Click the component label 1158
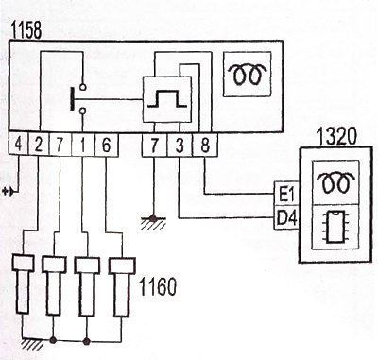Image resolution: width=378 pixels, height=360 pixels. click(x=26, y=31)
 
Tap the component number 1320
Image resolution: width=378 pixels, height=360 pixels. click(x=336, y=137)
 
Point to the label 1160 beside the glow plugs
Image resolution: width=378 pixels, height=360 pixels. click(x=158, y=287)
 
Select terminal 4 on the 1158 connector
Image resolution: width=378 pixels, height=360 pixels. click(x=19, y=146)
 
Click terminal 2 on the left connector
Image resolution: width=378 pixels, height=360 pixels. click(x=39, y=146)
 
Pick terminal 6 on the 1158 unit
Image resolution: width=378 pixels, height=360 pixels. click(x=107, y=146)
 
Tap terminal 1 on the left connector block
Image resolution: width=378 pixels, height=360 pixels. click(x=83, y=146)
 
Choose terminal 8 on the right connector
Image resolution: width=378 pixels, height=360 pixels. click(x=205, y=146)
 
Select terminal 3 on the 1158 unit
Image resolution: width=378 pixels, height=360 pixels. click(x=180, y=146)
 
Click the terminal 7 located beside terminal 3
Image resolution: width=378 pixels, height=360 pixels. click(x=154, y=146)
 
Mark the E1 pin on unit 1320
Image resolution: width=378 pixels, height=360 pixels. click(x=286, y=194)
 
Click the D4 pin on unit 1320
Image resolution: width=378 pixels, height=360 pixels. click(x=286, y=217)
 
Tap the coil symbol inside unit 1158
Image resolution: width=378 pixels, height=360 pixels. click(x=247, y=75)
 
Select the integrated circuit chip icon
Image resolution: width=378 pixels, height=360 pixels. click(x=335, y=227)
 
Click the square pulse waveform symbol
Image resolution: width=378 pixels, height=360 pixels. click(x=167, y=99)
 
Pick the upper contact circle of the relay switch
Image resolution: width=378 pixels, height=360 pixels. click(x=82, y=86)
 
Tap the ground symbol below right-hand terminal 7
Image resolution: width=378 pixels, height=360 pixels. click(x=153, y=222)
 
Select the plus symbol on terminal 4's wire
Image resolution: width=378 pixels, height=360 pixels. click(x=6, y=191)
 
